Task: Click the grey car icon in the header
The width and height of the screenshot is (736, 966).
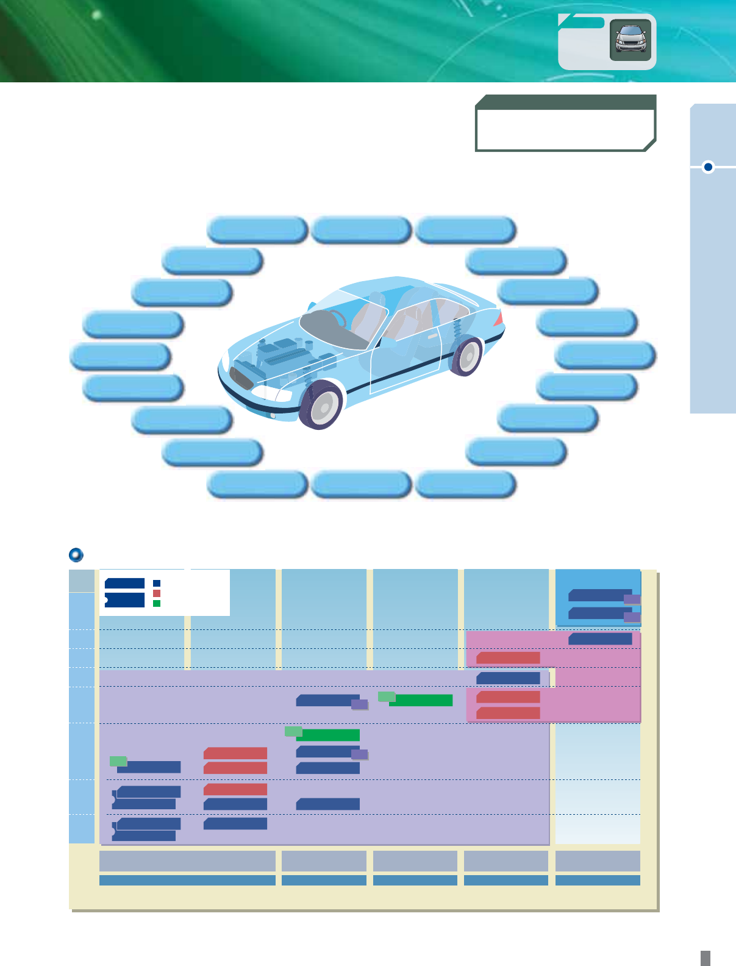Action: [x=631, y=40]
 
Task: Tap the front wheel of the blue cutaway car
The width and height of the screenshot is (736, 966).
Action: [x=321, y=404]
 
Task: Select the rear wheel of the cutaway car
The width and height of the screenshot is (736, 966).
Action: [x=466, y=356]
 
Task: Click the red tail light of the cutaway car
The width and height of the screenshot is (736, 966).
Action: [x=499, y=318]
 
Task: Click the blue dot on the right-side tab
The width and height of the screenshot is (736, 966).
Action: [x=708, y=166]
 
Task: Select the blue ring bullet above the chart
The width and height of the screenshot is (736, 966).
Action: [x=76, y=555]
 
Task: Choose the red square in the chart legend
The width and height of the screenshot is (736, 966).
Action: [x=157, y=593]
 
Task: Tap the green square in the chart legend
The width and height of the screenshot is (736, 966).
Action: [x=157, y=603]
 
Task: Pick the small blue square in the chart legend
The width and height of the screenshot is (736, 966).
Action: [x=157, y=583]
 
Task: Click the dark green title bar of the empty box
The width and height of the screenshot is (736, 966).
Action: [x=565, y=102]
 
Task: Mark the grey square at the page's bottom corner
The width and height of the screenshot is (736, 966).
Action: [x=705, y=957]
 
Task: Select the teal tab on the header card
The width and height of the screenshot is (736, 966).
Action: [x=582, y=23]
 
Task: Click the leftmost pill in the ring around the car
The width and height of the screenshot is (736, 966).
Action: [x=121, y=356]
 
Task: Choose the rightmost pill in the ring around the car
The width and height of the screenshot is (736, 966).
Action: [x=606, y=355]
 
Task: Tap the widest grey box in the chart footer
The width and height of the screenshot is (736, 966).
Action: [x=187, y=861]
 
